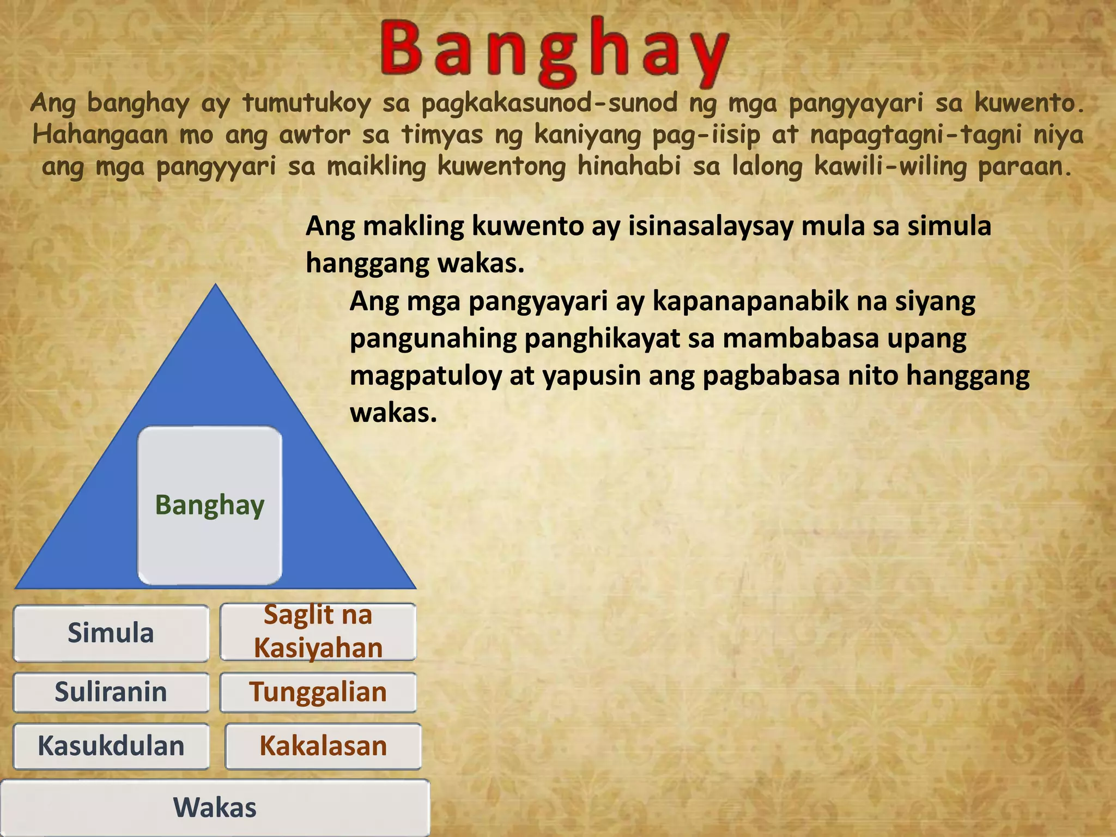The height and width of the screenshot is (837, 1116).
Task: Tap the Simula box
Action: [x=111, y=633]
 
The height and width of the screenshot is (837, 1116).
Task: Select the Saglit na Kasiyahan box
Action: [x=318, y=632]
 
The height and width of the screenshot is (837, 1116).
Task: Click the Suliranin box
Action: [x=111, y=692]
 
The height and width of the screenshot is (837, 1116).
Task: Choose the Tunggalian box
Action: [x=318, y=692]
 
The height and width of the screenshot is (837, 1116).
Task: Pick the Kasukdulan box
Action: [x=111, y=746]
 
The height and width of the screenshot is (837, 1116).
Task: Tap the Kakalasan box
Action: [x=323, y=746]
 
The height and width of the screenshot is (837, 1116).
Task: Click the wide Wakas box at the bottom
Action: [x=215, y=808]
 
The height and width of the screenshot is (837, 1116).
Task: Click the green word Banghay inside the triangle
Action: [x=210, y=505]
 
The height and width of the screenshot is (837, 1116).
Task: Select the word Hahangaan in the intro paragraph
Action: [x=100, y=135]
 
